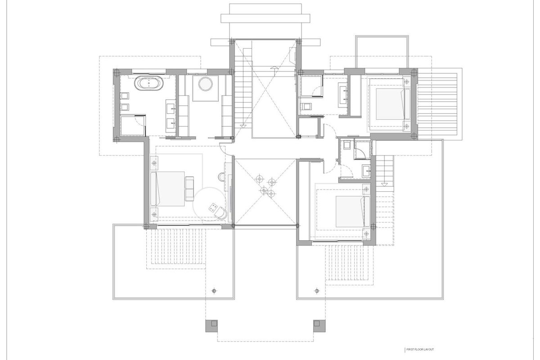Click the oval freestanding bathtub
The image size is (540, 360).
(x=149, y=83)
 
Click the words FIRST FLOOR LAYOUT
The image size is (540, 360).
(x=420, y=349)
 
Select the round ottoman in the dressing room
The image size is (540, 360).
(x=205, y=84)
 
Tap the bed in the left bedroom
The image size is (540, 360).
(x=167, y=189)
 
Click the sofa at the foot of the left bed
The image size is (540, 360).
(x=189, y=189)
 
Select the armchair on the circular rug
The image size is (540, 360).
(x=221, y=213)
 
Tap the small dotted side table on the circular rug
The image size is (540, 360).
(x=213, y=207)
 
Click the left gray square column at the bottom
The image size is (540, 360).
(x=211, y=326)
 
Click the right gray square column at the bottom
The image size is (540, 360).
(x=319, y=326)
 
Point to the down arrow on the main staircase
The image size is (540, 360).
(x=243, y=126)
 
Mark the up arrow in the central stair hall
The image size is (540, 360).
(x=274, y=68)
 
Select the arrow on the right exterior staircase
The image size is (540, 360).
(x=384, y=184)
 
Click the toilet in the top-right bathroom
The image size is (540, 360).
(x=306, y=106)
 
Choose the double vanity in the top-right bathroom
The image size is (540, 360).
(x=343, y=95)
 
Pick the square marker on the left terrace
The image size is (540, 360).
(x=214, y=291)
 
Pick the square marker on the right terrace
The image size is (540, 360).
(x=317, y=291)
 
